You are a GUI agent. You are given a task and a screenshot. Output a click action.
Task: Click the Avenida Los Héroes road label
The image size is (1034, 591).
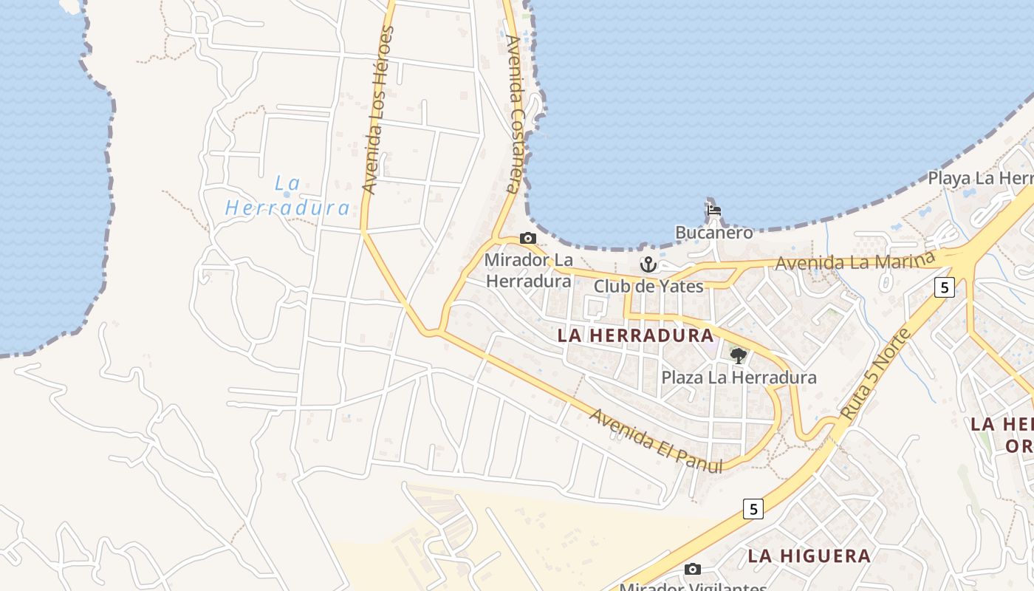pyautogui.click(x=378, y=111)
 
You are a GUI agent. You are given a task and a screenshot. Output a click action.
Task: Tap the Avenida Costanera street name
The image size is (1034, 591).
pyautogui.click(x=512, y=115)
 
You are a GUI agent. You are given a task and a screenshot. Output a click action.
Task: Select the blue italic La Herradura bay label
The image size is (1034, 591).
pyautogui.click(x=287, y=196)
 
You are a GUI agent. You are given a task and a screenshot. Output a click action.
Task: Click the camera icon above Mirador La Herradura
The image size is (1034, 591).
pyautogui.click(x=527, y=238)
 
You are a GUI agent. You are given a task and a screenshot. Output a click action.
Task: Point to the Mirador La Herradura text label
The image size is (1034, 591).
pyautogui.click(x=528, y=270)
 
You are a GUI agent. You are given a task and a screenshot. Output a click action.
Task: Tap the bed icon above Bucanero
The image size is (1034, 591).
pyautogui.click(x=713, y=211)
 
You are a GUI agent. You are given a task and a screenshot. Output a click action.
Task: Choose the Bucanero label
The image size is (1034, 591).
pyautogui.click(x=713, y=233)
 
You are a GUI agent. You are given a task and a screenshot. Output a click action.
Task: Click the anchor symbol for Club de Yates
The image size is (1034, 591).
pyautogui.click(x=648, y=264)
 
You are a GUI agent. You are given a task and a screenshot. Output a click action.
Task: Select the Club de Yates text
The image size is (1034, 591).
pyautogui.click(x=648, y=287)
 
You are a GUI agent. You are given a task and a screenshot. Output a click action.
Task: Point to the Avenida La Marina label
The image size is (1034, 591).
pyautogui.click(x=855, y=262)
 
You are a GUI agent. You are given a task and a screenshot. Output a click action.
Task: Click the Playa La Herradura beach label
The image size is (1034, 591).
pyautogui.click(x=981, y=179)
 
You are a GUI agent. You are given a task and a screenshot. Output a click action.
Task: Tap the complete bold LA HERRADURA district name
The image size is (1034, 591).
pyautogui.click(x=634, y=335)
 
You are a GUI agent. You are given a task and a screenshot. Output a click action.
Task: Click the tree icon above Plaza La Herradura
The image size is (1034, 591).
pyautogui.click(x=738, y=356)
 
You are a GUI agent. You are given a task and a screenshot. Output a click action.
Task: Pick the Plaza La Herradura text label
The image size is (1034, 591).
pyautogui.click(x=739, y=378)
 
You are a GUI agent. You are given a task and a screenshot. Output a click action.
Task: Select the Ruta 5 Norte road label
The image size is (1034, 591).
pyautogui.click(x=877, y=375)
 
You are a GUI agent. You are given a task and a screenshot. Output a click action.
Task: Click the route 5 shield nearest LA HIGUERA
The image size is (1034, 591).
pyautogui.click(x=753, y=508)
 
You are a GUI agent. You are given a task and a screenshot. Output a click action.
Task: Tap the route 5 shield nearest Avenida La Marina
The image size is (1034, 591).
pyautogui.click(x=944, y=287)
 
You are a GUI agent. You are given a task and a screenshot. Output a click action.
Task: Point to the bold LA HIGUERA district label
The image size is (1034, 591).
pyautogui.click(x=809, y=556)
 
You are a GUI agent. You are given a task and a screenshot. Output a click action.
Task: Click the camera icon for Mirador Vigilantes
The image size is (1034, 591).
pyautogui.click(x=692, y=569)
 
